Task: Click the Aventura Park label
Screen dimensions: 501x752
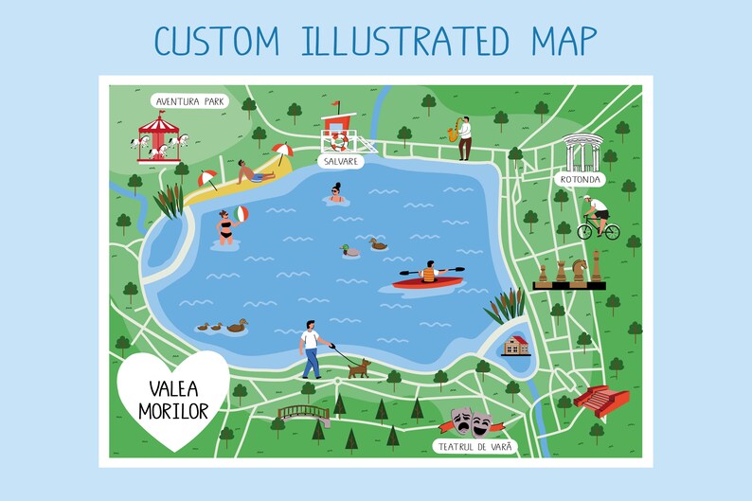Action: tap(189, 100)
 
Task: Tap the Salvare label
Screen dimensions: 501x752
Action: tap(340, 161)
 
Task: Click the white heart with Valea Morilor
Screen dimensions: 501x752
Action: tap(172, 397)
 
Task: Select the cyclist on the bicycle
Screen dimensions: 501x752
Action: tap(597, 218)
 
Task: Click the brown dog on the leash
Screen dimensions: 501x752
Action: tap(358, 367)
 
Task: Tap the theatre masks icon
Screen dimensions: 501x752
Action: tap(471, 420)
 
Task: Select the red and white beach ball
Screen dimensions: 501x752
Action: tap(242, 214)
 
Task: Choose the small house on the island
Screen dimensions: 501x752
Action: tap(516, 345)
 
